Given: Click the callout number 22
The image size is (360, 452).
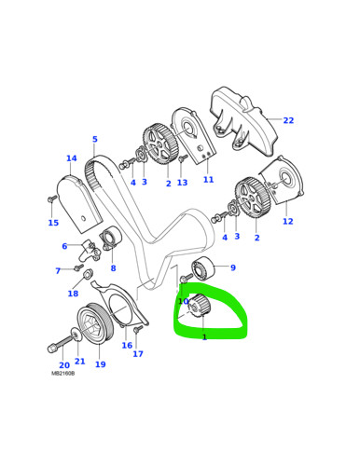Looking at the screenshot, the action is [288, 120].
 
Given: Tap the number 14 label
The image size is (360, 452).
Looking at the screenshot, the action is [72, 158].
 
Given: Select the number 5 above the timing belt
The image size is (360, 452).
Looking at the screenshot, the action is [95, 139].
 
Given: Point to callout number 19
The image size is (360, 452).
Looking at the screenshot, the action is [100, 364].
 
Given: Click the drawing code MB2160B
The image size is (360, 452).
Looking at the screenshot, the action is [63, 374].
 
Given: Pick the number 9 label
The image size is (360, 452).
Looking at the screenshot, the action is [233, 267].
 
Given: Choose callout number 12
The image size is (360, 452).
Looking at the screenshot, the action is [288, 221].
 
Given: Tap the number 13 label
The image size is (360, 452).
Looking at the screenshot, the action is [182, 183].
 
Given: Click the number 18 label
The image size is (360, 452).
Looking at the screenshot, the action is [73, 294].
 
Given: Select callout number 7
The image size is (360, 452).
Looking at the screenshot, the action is [58, 271].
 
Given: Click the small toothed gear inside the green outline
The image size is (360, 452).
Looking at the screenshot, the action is [200, 307].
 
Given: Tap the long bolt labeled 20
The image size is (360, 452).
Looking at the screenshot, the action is [61, 343].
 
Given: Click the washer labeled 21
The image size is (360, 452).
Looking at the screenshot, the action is [75, 335].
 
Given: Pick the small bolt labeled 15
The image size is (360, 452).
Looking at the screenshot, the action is [52, 199].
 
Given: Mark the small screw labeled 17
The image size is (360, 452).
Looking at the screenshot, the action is [137, 329].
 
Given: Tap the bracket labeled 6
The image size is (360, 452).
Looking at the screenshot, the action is [89, 250].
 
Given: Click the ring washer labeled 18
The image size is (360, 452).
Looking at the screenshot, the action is [89, 274].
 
